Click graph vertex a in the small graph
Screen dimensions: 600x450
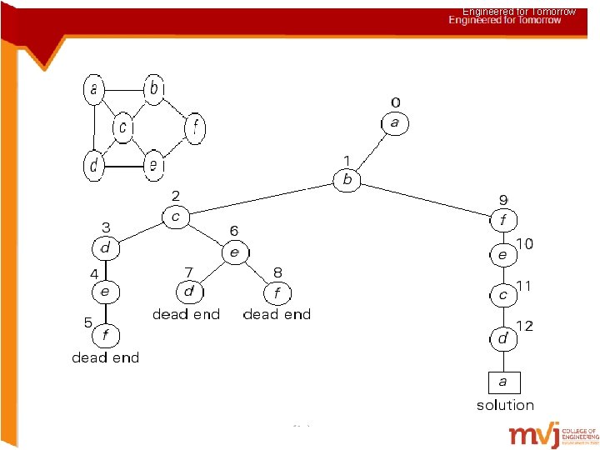[94, 88]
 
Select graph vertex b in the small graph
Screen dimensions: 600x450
[154, 87]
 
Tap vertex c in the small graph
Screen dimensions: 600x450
[123, 127]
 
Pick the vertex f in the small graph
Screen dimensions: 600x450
[194, 128]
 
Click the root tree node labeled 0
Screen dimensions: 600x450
[395, 123]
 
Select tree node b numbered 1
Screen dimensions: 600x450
[347, 179]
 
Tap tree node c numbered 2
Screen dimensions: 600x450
[175, 217]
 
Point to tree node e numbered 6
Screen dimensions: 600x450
[234, 251]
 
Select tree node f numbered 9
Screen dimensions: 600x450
[502, 221]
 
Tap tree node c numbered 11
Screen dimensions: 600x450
[502, 296]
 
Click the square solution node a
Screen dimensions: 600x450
[502, 382]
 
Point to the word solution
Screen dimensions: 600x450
[505, 405]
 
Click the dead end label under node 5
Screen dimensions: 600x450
[106, 357]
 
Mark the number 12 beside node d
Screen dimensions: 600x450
[526, 325]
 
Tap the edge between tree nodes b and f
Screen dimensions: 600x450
[425, 200]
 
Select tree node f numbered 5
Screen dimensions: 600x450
[105, 336]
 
